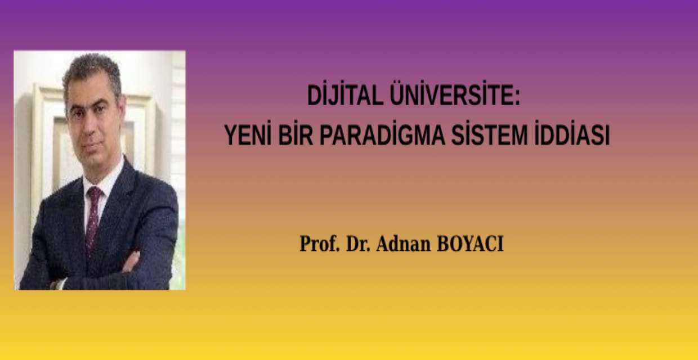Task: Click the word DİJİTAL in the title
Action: tap(345, 94)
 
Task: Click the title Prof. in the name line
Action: tap(319, 244)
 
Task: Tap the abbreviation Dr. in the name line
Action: tap(359, 244)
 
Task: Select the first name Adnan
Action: tap(403, 244)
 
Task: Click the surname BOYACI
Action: tap(470, 244)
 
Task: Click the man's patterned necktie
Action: tap(93, 218)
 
